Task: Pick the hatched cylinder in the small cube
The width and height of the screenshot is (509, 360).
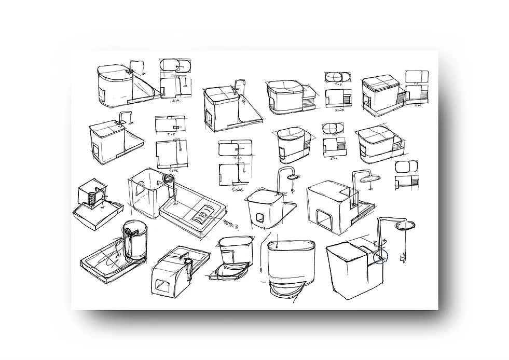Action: coord(92,199)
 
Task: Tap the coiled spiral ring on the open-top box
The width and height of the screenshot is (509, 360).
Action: coord(168,179)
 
